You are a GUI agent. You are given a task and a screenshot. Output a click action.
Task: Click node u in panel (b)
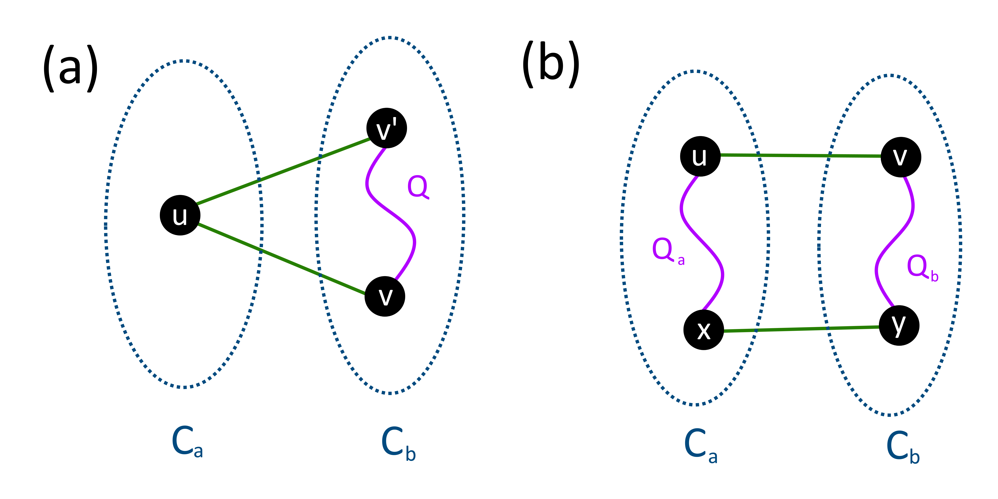pyautogui.click(x=700, y=156)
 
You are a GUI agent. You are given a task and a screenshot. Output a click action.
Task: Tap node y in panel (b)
pyautogui.click(x=899, y=326)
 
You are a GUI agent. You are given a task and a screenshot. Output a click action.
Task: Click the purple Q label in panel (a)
pyautogui.click(x=418, y=187)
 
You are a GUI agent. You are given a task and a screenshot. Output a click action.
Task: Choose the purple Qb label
pyautogui.click(x=922, y=267)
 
